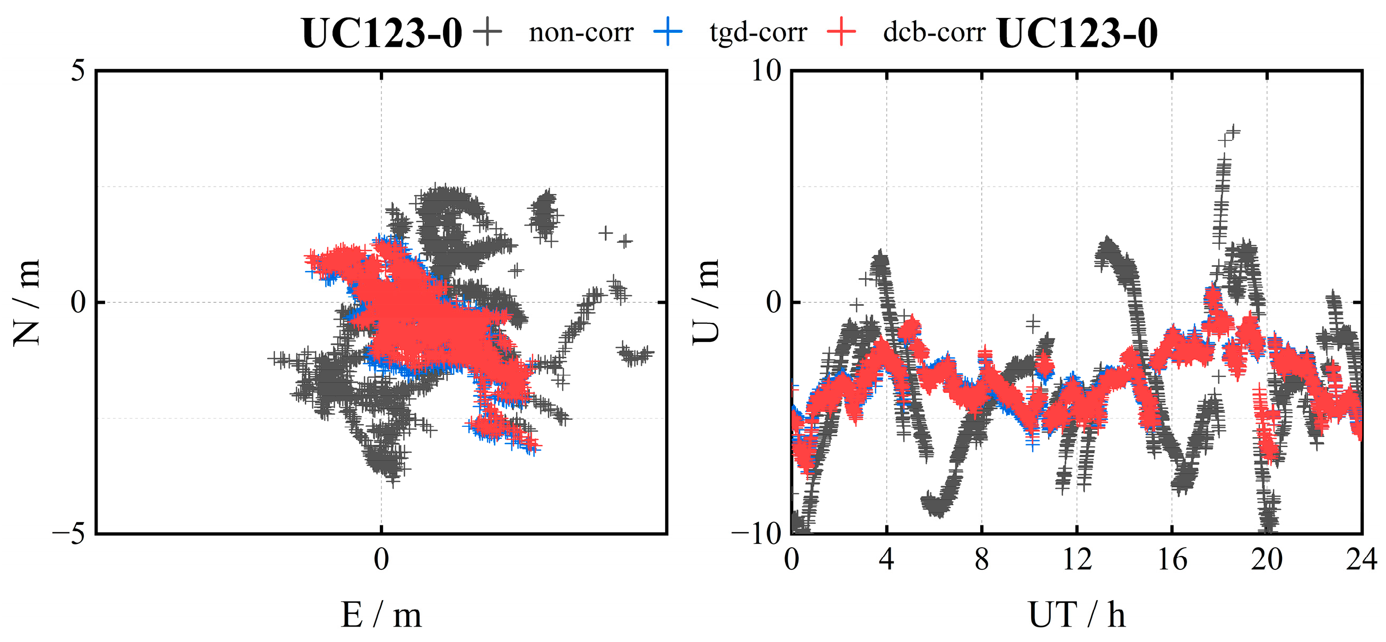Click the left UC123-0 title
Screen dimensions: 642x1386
tap(381, 33)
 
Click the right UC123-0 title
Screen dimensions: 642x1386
tap(1077, 33)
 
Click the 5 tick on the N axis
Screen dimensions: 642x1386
tap(79, 71)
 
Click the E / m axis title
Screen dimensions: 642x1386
tap(381, 614)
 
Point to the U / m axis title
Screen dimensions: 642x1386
tap(706, 302)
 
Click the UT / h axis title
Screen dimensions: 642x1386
tap(1077, 614)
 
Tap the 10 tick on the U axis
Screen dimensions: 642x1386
tap(766, 71)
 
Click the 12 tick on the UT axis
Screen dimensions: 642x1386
tap(1077, 560)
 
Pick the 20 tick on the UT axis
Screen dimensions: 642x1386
tap(1267, 560)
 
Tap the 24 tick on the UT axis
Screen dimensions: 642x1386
tap(1361, 560)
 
